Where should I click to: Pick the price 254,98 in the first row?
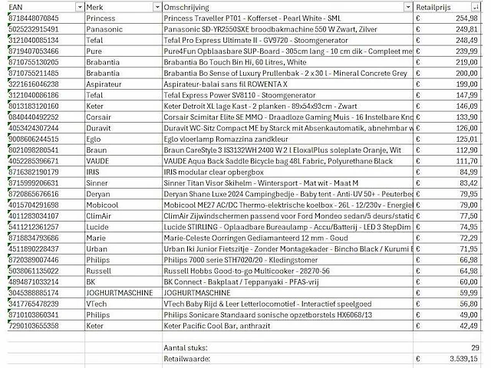(x=465, y=17)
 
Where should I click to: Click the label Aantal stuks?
(x=187, y=348)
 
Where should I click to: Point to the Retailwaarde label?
(x=189, y=359)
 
